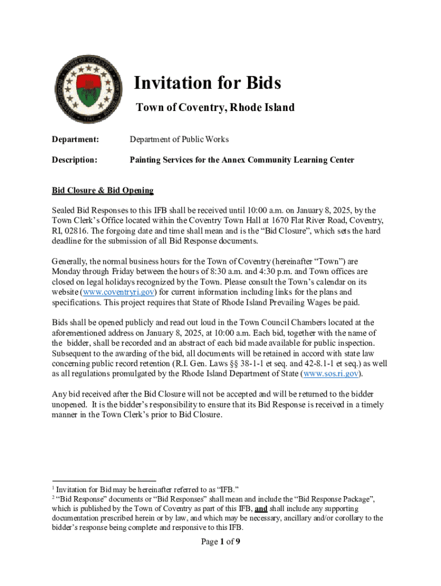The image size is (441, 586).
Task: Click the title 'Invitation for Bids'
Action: click(207, 84)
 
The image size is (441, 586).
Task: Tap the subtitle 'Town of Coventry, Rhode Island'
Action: click(215, 108)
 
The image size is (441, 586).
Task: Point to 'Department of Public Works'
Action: click(179, 139)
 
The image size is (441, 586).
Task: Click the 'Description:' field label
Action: click(74, 160)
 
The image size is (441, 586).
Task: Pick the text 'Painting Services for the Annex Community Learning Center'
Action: click(242, 160)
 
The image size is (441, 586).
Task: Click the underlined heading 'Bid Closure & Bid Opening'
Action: click(103, 190)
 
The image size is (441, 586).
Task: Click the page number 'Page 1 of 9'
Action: click(220, 543)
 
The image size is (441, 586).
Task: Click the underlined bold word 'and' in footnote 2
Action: click(261, 508)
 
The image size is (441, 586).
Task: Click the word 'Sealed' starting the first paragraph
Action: click(64, 211)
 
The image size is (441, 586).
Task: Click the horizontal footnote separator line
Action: click(104, 481)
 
